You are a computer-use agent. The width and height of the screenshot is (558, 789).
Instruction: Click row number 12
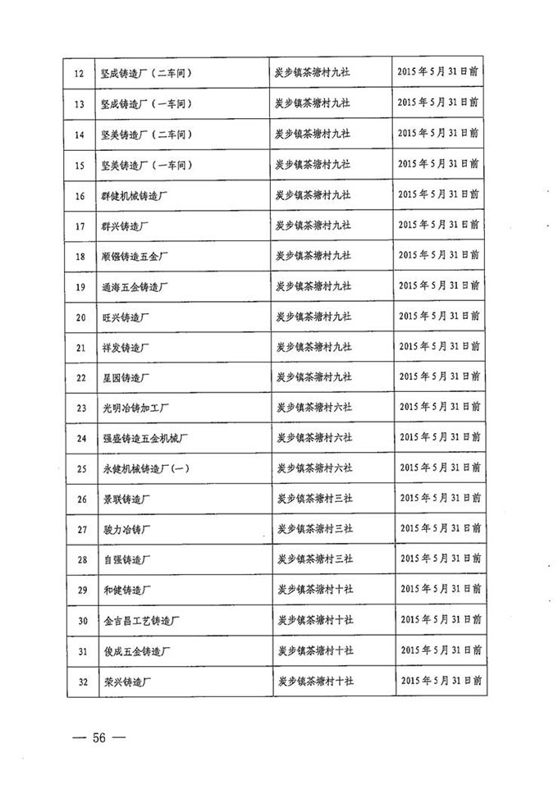point(80,73)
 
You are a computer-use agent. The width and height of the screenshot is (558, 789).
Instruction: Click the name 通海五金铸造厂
point(135,287)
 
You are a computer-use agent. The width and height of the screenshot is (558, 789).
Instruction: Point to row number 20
point(80,317)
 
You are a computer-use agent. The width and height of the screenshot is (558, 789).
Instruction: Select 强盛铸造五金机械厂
point(146,438)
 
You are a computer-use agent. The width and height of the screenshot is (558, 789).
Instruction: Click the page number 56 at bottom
point(99,737)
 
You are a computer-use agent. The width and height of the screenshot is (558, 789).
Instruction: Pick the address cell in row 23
point(313,407)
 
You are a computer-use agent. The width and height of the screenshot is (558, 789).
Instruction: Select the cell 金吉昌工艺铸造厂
point(141,620)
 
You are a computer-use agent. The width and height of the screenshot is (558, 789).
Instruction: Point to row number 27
point(80,529)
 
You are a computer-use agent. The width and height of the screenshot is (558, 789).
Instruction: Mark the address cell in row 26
point(313,498)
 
